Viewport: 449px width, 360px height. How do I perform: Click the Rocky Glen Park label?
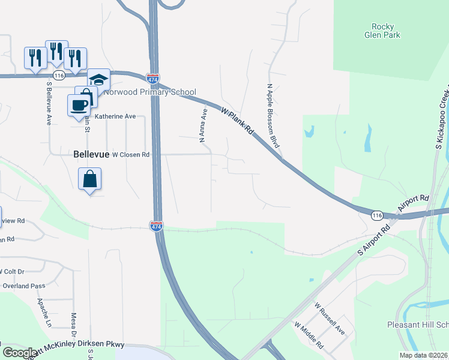[382, 31]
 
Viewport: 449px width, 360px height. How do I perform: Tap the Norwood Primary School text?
[150, 92]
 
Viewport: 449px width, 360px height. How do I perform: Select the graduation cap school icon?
[98, 79]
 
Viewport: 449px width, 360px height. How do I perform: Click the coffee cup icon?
[79, 105]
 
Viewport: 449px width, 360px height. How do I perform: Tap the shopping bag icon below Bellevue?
[89, 178]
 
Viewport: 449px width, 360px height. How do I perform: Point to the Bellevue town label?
[91, 154]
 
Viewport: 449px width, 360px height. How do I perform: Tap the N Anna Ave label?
[203, 126]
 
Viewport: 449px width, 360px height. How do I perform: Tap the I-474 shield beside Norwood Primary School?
[152, 79]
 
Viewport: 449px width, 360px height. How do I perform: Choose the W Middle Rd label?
[309, 336]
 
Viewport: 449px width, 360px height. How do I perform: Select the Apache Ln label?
[43, 313]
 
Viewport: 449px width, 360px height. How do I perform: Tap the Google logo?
[20, 353]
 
